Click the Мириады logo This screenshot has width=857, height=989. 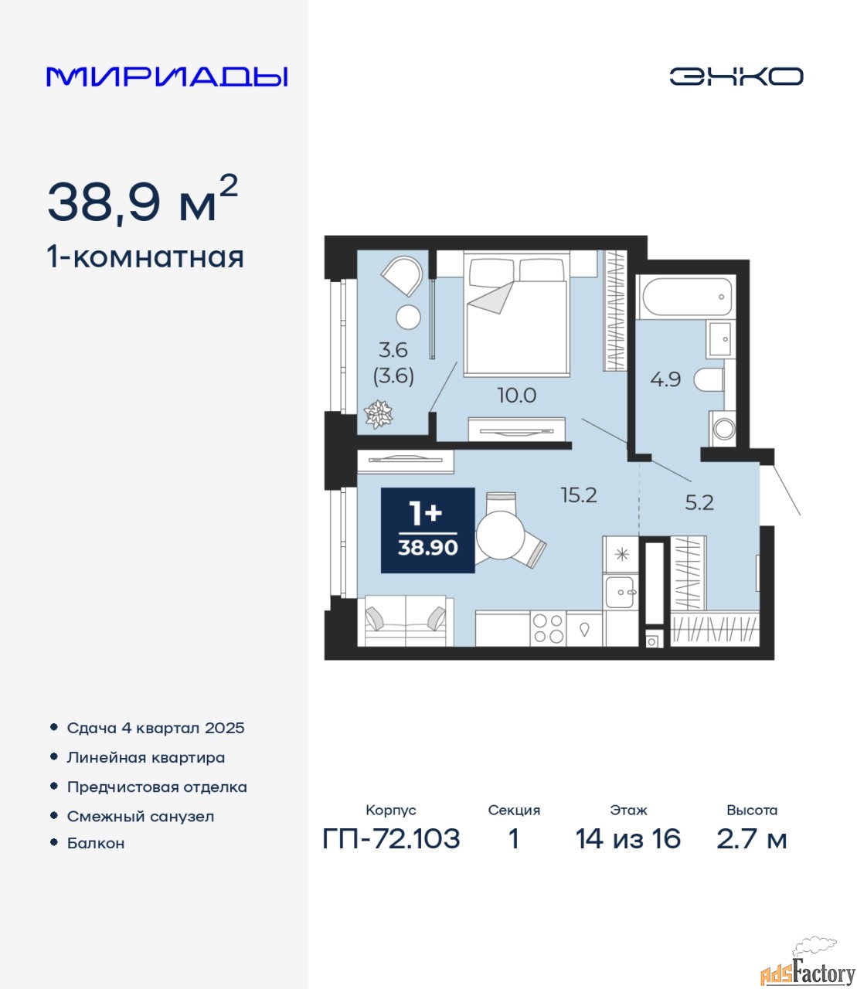pos(166,76)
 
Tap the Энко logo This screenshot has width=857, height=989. pos(736,76)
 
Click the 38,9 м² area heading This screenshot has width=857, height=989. pos(143,200)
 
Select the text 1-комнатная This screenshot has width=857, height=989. pos(145,257)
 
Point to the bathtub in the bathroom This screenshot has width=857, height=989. pos(687,297)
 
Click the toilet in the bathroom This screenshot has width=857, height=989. pos(709,380)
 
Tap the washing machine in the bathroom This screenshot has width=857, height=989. pos(722,428)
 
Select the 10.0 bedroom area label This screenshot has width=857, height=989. pos(517,396)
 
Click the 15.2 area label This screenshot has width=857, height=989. pos(579,495)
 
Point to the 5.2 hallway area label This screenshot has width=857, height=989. pos(699,503)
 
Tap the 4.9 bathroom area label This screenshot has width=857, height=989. pos(665,379)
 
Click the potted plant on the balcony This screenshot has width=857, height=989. pos(378,414)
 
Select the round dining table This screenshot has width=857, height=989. pos(501,535)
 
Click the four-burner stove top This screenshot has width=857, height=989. pos(549,629)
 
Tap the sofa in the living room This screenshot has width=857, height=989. pos(406,620)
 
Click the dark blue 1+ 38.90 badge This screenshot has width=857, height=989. pos(428,530)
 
